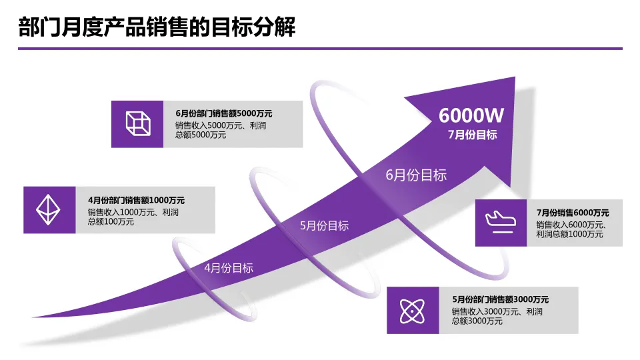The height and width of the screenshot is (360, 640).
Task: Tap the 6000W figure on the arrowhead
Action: click(471, 115)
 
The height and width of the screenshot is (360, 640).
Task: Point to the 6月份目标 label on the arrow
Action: click(416, 175)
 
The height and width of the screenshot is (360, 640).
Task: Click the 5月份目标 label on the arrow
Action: click(324, 225)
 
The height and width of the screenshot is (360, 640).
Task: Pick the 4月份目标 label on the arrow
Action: click(229, 268)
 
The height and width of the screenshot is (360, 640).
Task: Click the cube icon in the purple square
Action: click(137, 123)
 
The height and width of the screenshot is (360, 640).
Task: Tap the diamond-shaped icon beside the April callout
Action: click(49, 209)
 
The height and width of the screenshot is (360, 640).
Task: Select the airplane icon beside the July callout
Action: click(501, 222)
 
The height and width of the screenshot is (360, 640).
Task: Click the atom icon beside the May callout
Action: click(413, 310)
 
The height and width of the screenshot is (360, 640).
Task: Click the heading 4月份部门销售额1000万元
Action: click(136, 200)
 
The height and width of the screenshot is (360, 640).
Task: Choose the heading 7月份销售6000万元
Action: click(573, 213)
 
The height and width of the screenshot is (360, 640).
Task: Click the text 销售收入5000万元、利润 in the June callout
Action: click(221, 125)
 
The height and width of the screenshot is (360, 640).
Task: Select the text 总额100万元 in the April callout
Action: click(111, 222)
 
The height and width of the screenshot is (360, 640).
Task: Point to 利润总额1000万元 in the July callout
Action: click(570, 234)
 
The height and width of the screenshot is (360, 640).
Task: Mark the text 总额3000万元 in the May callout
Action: click(477, 321)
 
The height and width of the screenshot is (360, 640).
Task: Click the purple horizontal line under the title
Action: click(320, 48)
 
